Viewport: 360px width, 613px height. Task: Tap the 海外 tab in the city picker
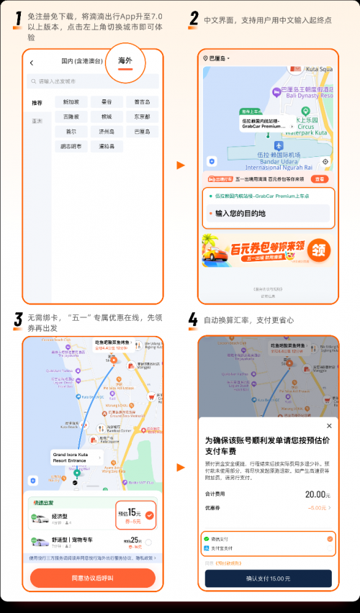pos(125,62)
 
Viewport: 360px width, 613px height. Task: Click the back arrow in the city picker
pos(32,63)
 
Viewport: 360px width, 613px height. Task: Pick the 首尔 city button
pos(71,132)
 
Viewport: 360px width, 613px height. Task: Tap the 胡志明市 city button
pos(71,146)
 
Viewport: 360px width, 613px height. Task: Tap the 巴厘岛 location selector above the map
pos(217,58)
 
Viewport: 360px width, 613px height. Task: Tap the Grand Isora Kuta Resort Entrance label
pos(75,457)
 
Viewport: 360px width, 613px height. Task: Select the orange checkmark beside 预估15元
pos(149,515)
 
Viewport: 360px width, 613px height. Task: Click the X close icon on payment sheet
pos(329,426)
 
